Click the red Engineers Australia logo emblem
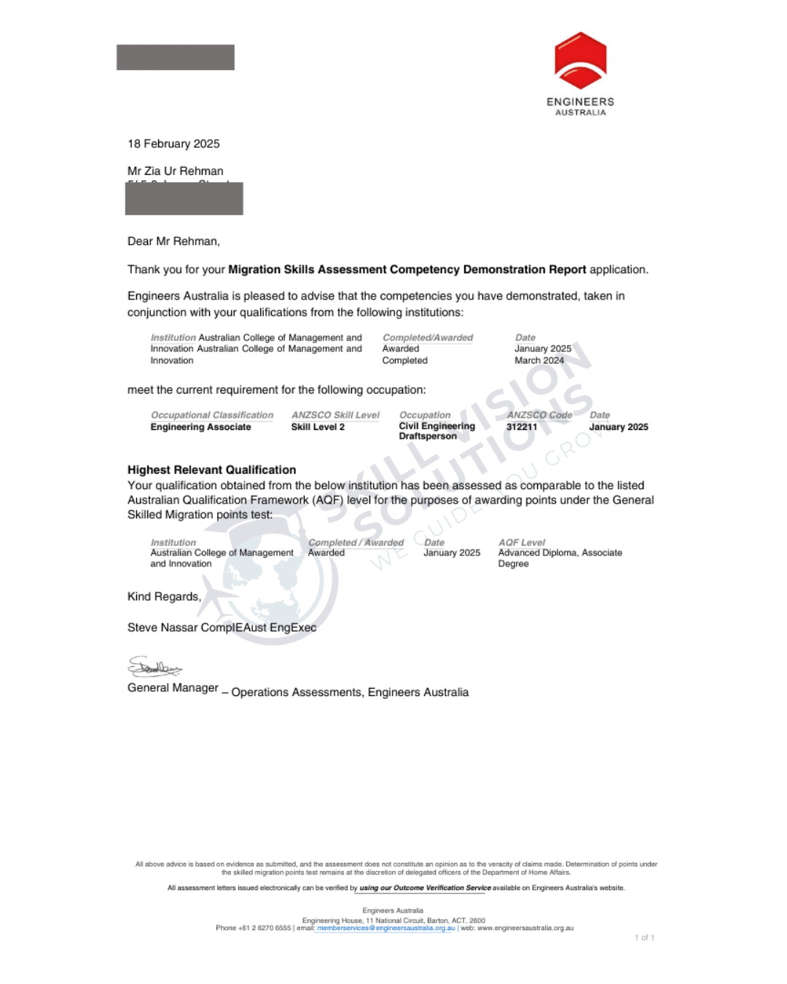coord(580,60)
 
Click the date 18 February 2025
coord(173,144)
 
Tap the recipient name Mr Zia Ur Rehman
coord(176,171)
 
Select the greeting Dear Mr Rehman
coord(173,241)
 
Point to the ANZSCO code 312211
coord(522,427)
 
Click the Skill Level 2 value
coord(318,427)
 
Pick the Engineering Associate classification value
coord(200,427)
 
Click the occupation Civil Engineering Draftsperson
coord(436,431)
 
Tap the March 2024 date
coord(539,360)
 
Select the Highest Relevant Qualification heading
coord(211,470)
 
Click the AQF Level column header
coord(522,542)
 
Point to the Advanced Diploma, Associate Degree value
coord(560,558)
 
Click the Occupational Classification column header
coord(212,415)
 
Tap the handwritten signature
coord(154,666)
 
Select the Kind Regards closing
coord(164,596)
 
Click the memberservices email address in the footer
coord(385,928)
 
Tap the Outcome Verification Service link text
coord(425,888)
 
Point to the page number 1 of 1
coord(644,937)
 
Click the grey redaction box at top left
coord(176,58)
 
